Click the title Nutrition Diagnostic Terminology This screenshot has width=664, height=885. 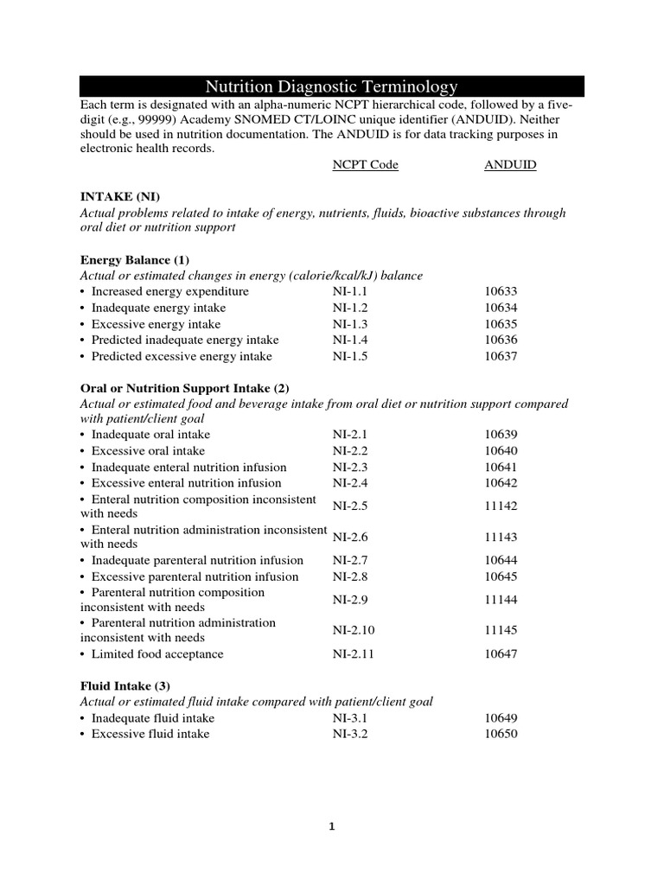pyautogui.click(x=331, y=86)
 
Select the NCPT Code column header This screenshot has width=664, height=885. pyautogui.click(x=366, y=165)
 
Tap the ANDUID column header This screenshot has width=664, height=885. pyautogui.click(x=510, y=165)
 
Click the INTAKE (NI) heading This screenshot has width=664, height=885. pyautogui.click(x=119, y=197)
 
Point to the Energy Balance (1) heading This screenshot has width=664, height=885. pyautogui.click(x=134, y=260)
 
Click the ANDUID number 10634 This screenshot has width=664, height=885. pyautogui.click(x=501, y=309)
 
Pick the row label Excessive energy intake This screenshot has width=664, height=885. pyautogui.click(x=156, y=324)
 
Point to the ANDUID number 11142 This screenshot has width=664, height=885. pyautogui.click(x=501, y=506)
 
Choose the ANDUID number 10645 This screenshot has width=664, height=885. pyautogui.click(x=501, y=576)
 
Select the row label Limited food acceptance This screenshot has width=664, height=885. pyautogui.click(x=157, y=654)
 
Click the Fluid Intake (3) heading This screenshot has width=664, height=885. pyautogui.click(x=125, y=685)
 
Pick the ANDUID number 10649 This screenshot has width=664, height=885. pyautogui.click(x=501, y=718)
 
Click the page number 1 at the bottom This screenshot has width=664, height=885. pyautogui.click(x=331, y=826)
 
